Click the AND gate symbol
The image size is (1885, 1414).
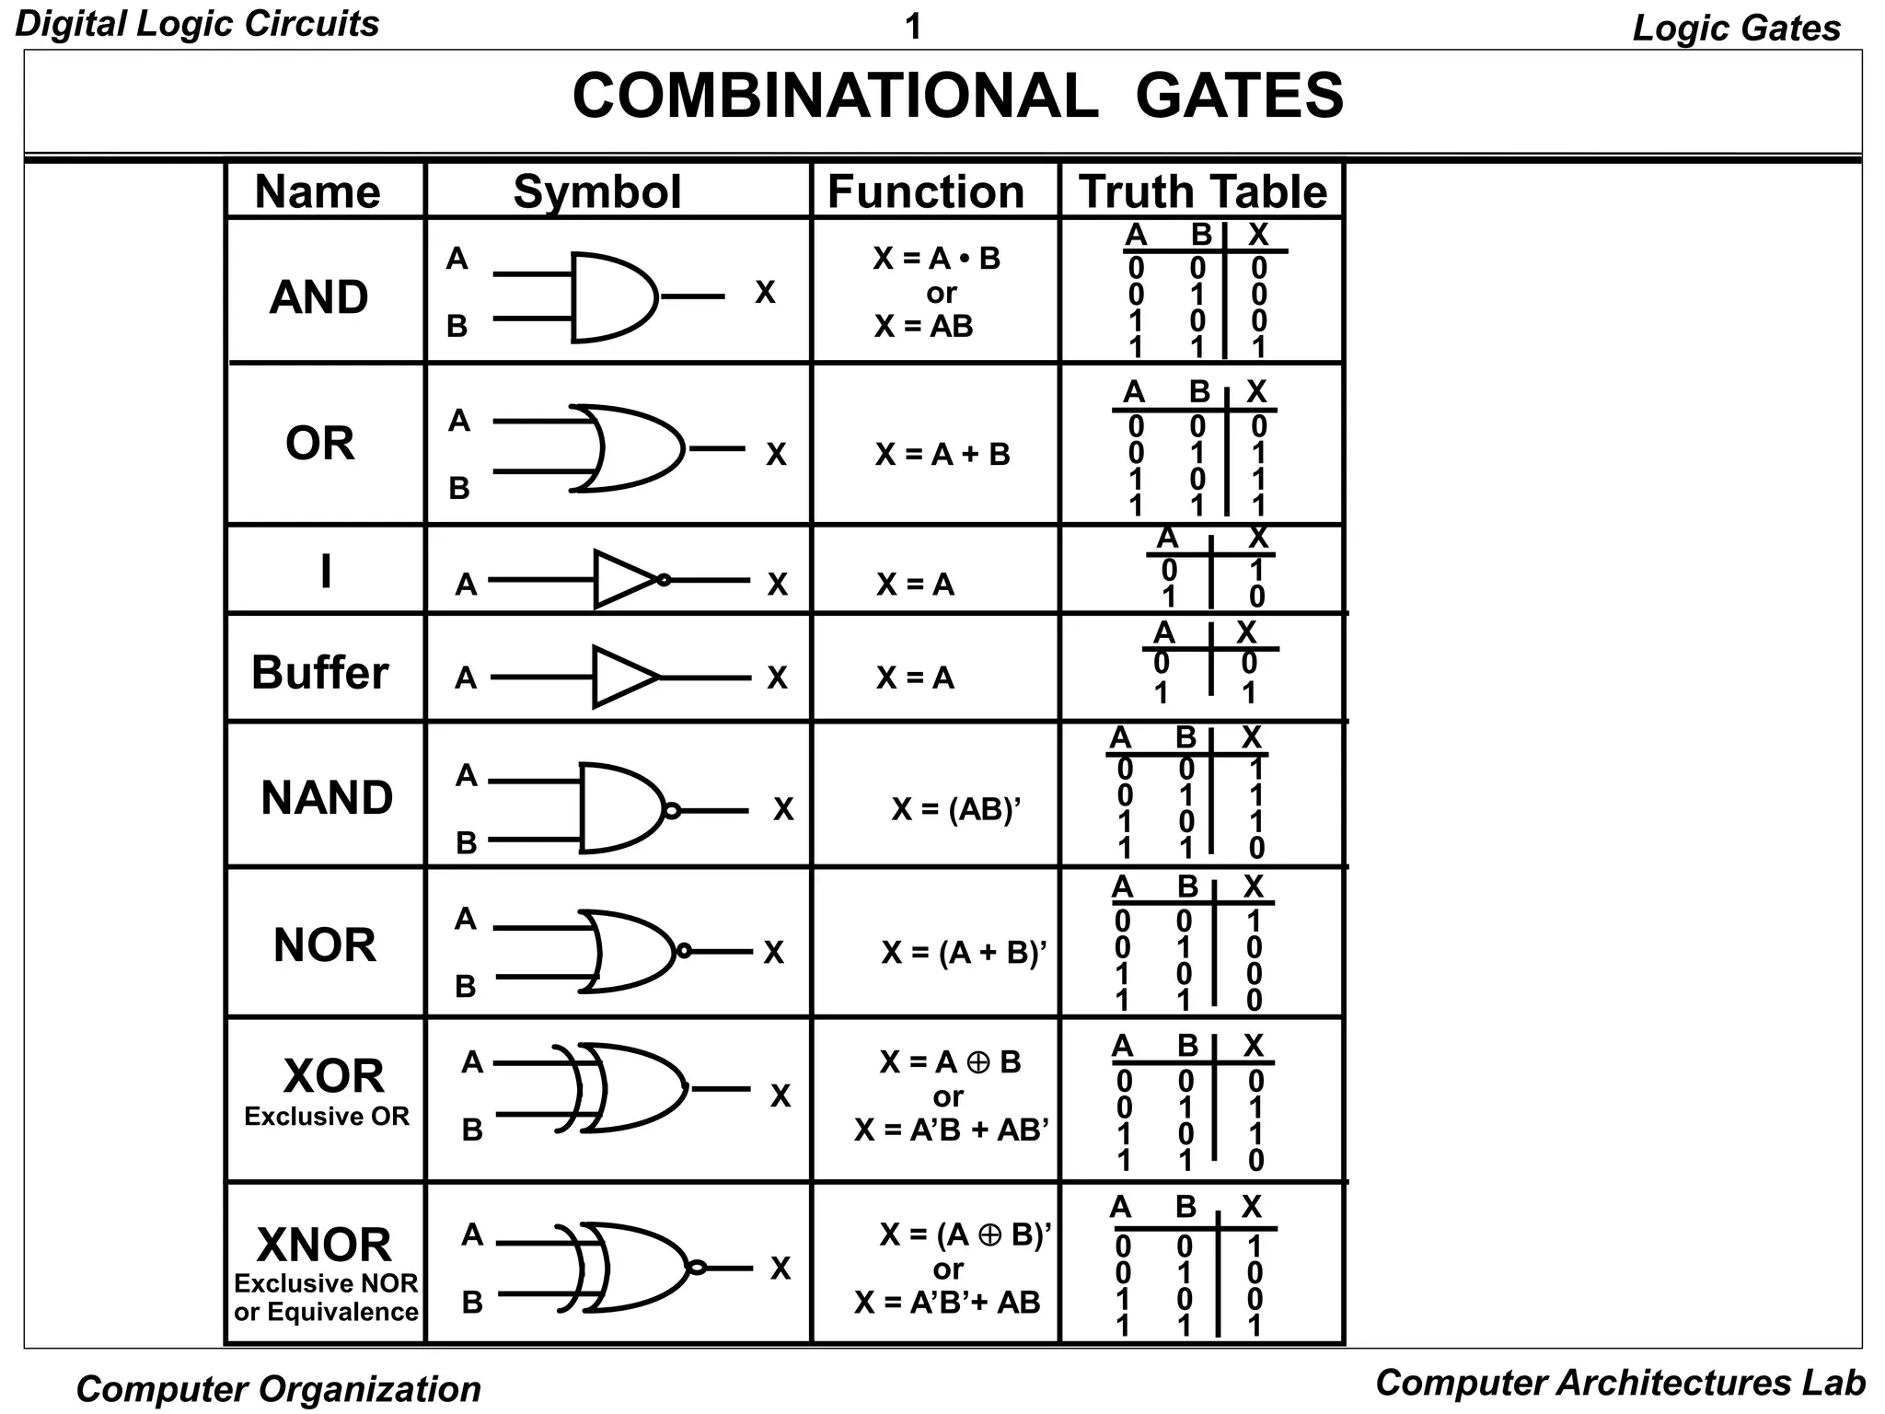coord(612,296)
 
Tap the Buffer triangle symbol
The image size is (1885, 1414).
coord(624,678)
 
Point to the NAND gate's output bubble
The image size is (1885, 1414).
coord(672,811)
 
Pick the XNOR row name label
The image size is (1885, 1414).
coord(324,1245)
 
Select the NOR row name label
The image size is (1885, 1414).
coord(325,945)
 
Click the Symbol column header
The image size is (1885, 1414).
coord(597,191)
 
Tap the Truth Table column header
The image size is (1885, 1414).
coord(1202,191)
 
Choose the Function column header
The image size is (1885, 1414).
coord(926,191)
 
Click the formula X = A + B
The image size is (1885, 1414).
coord(942,454)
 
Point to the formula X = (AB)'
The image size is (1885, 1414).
coord(956,809)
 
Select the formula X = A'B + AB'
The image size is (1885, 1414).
coord(952,1130)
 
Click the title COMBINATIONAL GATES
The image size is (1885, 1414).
coord(957,96)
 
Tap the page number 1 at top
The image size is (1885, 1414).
coord(913,28)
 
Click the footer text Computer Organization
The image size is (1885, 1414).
coord(278,1388)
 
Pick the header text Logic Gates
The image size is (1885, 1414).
coord(1736,28)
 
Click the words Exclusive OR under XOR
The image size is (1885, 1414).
coord(327,1117)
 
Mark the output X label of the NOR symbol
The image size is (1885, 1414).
coord(774,953)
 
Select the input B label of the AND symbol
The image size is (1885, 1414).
coord(457,326)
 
